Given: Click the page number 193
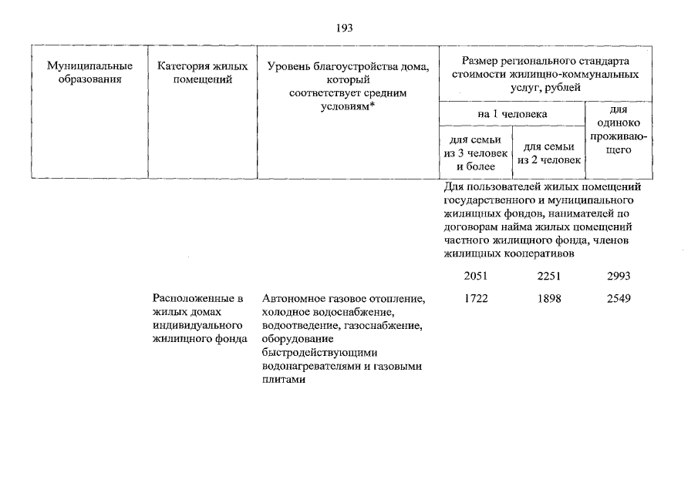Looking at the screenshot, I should coord(344,28).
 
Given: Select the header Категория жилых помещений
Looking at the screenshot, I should coord(201,72).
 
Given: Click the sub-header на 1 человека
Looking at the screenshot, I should coord(512,113).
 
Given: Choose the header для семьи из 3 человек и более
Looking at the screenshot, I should coord(475,153).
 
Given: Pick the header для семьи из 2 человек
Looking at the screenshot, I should coord(548,153).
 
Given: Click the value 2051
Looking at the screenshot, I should coord(475,276).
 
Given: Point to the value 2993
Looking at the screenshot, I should coord(619,276).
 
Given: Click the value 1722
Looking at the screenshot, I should coord(475,298).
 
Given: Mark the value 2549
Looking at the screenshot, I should coord(619,298).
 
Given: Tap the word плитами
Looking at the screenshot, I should coord(278,380).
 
